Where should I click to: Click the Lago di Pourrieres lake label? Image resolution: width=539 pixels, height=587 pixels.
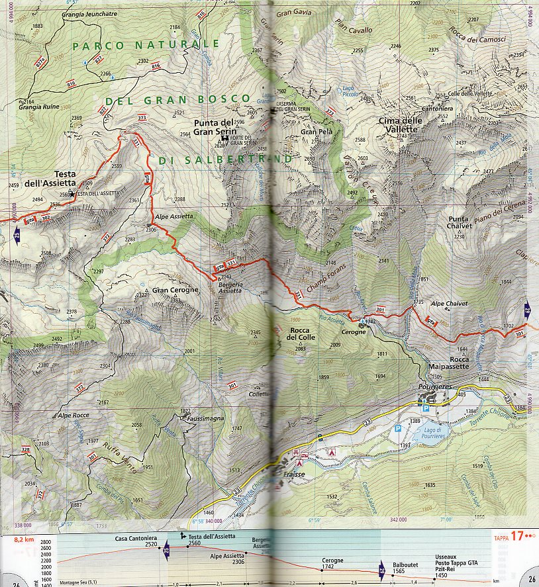click(432, 431)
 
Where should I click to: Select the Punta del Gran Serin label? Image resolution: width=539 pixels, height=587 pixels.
click(213, 126)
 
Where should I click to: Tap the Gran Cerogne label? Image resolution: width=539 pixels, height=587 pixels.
click(175, 291)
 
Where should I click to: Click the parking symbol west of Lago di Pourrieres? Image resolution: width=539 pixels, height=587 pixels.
click(398, 429)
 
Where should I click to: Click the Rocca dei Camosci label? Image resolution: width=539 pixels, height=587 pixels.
click(477, 39)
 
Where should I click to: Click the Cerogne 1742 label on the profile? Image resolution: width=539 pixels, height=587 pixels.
click(332, 562)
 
